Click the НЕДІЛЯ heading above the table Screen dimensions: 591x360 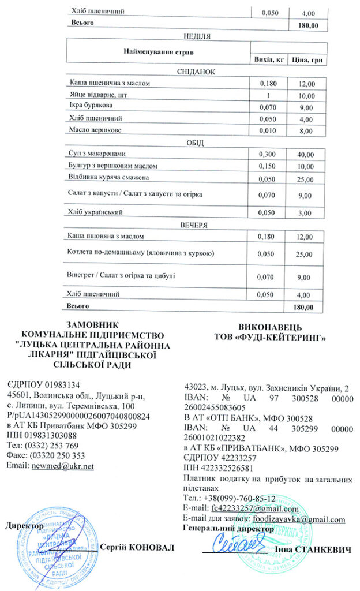coord(196,35)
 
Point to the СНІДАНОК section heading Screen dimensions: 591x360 coord(196,72)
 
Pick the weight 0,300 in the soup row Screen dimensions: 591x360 coord(268,154)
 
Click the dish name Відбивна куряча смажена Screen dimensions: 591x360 coord(109,177)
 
